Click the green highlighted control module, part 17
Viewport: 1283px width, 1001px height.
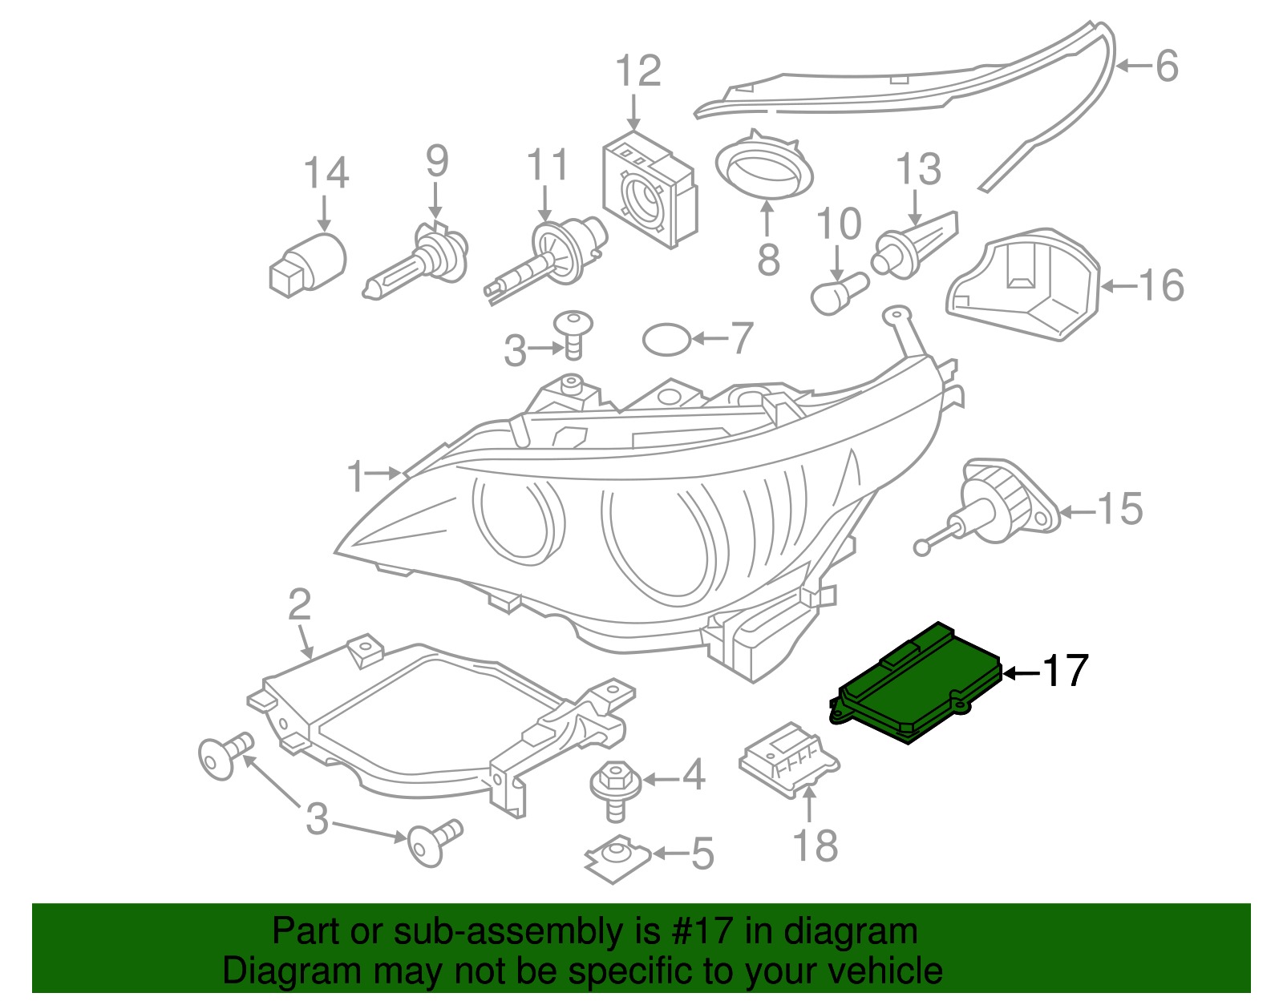pos(919,685)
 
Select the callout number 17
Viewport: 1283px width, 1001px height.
pos(1065,671)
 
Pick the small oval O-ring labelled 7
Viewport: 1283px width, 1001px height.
pos(666,340)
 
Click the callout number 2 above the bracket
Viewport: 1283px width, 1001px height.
pos(299,605)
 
